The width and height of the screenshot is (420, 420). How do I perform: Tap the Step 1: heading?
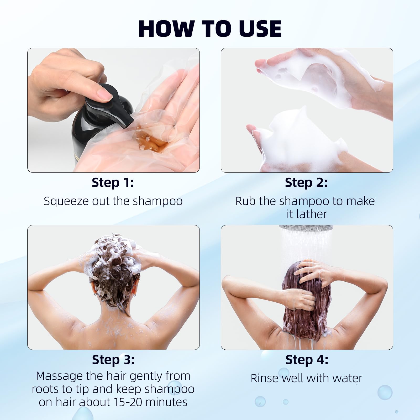point(113,182)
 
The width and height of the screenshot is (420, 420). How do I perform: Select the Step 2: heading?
point(306,182)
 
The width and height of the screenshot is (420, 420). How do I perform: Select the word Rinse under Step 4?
point(264,378)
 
